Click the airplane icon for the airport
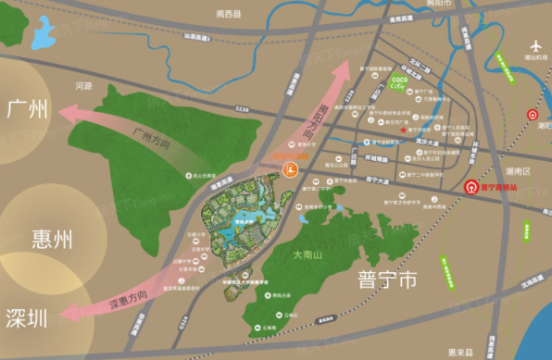[x=535, y=46]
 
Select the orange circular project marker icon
[x=290, y=168]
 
